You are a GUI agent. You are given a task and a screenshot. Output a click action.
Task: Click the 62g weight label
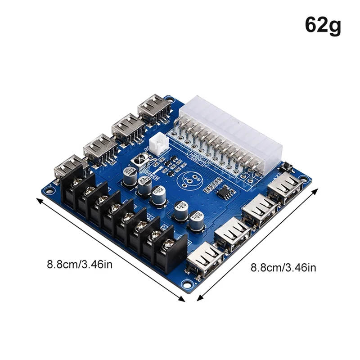pos(323,25)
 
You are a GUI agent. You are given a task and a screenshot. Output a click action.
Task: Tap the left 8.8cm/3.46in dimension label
pos(80,264)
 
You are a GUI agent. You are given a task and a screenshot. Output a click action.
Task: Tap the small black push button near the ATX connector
pos(286,167)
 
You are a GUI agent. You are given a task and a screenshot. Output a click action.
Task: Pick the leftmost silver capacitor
pos(130,175)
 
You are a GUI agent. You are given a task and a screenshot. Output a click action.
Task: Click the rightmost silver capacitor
pos(197,220)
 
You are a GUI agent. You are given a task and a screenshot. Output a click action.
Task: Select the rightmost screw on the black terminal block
pos(169,244)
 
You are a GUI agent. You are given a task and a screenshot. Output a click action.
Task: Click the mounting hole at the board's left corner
pos(50,191)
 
